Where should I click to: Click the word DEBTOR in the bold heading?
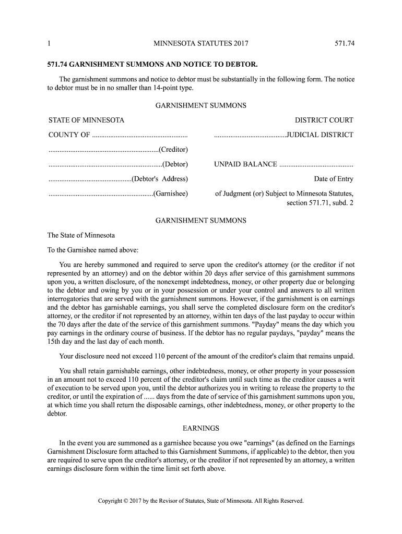tap(241, 66)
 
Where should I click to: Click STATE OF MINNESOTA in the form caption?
tap(86, 120)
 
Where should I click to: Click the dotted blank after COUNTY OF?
tap(139, 136)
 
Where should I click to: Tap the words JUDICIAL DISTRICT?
tap(320, 135)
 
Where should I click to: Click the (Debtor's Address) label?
tap(159, 179)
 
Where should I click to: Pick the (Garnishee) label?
tap(171, 194)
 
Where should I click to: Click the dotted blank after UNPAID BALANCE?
tap(316, 165)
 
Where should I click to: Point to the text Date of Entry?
tap(333, 179)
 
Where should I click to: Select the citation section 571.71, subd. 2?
tap(320, 202)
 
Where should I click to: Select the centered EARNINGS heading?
tap(200, 429)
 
